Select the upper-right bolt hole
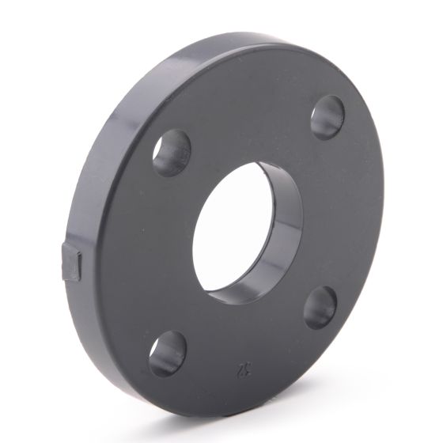(327, 117)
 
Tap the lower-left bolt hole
(168, 353)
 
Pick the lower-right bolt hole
(320, 306)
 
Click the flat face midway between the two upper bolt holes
(249, 119)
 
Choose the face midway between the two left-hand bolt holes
(150, 253)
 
